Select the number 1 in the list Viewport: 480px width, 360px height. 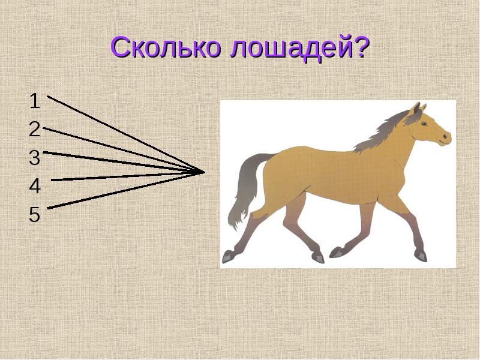click(x=35, y=101)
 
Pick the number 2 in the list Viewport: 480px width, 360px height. click(x=35, y=129)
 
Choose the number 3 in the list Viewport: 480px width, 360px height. click(x=35, y=158)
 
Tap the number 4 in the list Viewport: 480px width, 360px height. click(x=35, y=187)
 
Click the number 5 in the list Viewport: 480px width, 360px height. click(x=35, y=215)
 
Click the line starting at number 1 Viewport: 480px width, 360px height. click(x=120, y=132)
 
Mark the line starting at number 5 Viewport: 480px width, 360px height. click(x=120, y=191)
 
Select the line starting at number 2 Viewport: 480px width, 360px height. click(x=120, y=149)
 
